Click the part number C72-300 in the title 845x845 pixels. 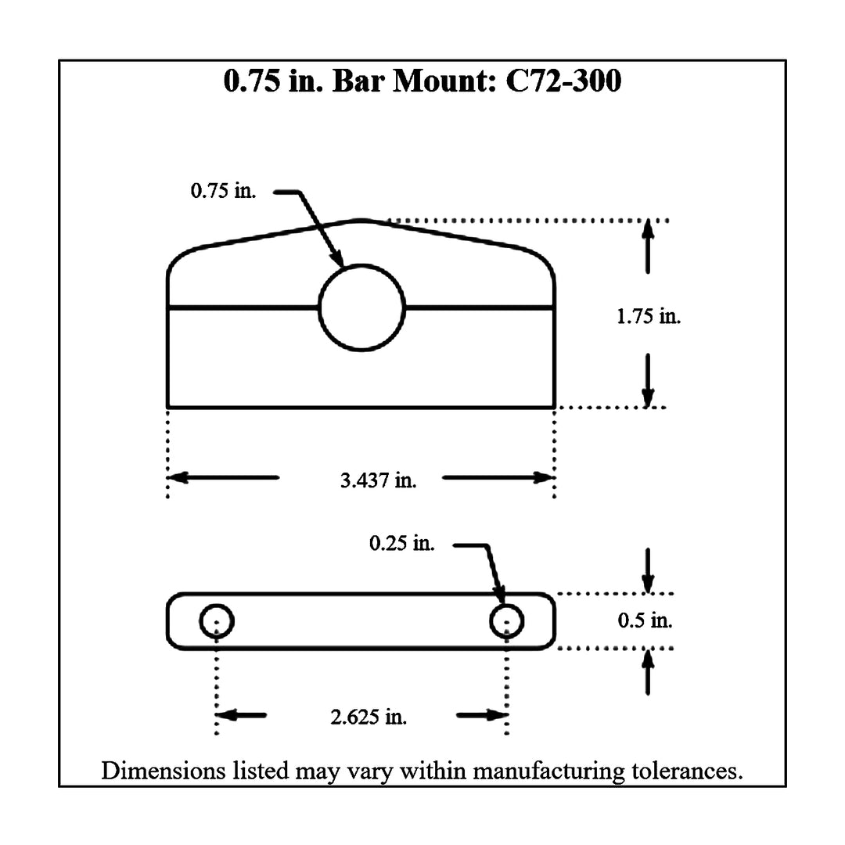click(x=563, y=81)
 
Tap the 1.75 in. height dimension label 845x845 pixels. click(x=649, y=316)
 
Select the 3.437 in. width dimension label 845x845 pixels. click(x=379, y=480)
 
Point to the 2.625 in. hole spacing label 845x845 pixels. click(x=369, y=717)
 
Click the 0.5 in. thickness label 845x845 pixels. click(x=645, y=620)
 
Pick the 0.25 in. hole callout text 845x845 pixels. click(x=402, y=543)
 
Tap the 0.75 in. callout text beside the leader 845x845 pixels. click(x=223, y=191)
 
